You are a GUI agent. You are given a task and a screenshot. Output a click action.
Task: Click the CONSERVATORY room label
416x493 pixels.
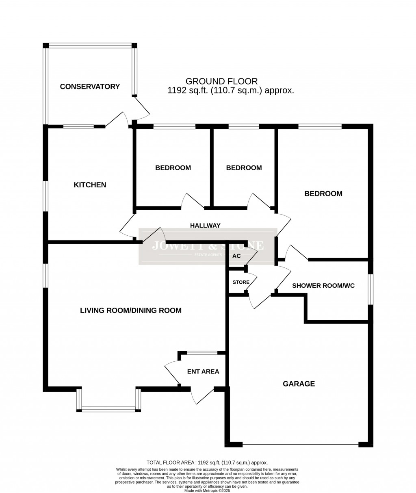90,87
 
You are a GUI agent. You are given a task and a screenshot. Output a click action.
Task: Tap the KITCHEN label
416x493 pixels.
90,185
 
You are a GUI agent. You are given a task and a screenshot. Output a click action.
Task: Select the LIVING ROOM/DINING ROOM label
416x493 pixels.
130,311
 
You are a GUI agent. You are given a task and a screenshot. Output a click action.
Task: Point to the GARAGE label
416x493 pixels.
299,384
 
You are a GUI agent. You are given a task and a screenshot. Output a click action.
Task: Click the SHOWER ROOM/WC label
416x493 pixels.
323,286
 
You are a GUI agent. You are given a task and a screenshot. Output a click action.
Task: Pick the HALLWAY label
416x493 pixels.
205,226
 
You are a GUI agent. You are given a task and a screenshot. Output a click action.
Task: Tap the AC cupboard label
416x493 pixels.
236,256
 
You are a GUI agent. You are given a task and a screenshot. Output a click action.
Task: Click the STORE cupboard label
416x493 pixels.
241,282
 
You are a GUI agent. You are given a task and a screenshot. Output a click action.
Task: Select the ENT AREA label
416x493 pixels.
203,371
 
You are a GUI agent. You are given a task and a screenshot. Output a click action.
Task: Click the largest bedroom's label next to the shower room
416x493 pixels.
323,194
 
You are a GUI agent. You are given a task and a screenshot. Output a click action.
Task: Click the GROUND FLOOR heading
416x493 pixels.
221,81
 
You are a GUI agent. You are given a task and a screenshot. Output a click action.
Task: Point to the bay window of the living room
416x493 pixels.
108,409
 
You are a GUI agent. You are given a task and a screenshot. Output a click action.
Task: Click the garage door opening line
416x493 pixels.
300,444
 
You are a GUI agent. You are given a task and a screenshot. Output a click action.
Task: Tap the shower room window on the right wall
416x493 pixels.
370,289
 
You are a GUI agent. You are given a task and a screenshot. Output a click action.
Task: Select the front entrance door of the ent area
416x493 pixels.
202,397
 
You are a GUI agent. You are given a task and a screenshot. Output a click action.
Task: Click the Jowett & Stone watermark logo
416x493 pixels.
208,246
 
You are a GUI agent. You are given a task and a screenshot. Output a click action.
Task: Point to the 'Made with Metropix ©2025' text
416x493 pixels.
207,491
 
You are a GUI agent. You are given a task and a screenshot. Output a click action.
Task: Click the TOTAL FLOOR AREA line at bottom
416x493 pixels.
207,463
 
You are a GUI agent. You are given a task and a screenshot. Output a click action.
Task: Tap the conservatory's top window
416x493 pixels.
90,46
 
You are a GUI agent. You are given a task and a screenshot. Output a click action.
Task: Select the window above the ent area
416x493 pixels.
202,353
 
